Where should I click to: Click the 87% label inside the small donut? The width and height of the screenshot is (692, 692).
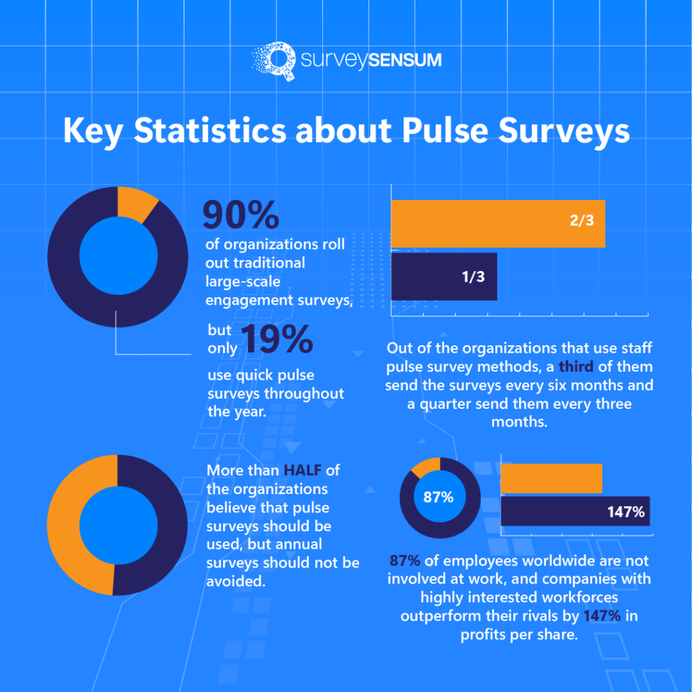(x=439, y=497)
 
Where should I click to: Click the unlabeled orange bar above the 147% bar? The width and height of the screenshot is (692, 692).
(x=551, y=478)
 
